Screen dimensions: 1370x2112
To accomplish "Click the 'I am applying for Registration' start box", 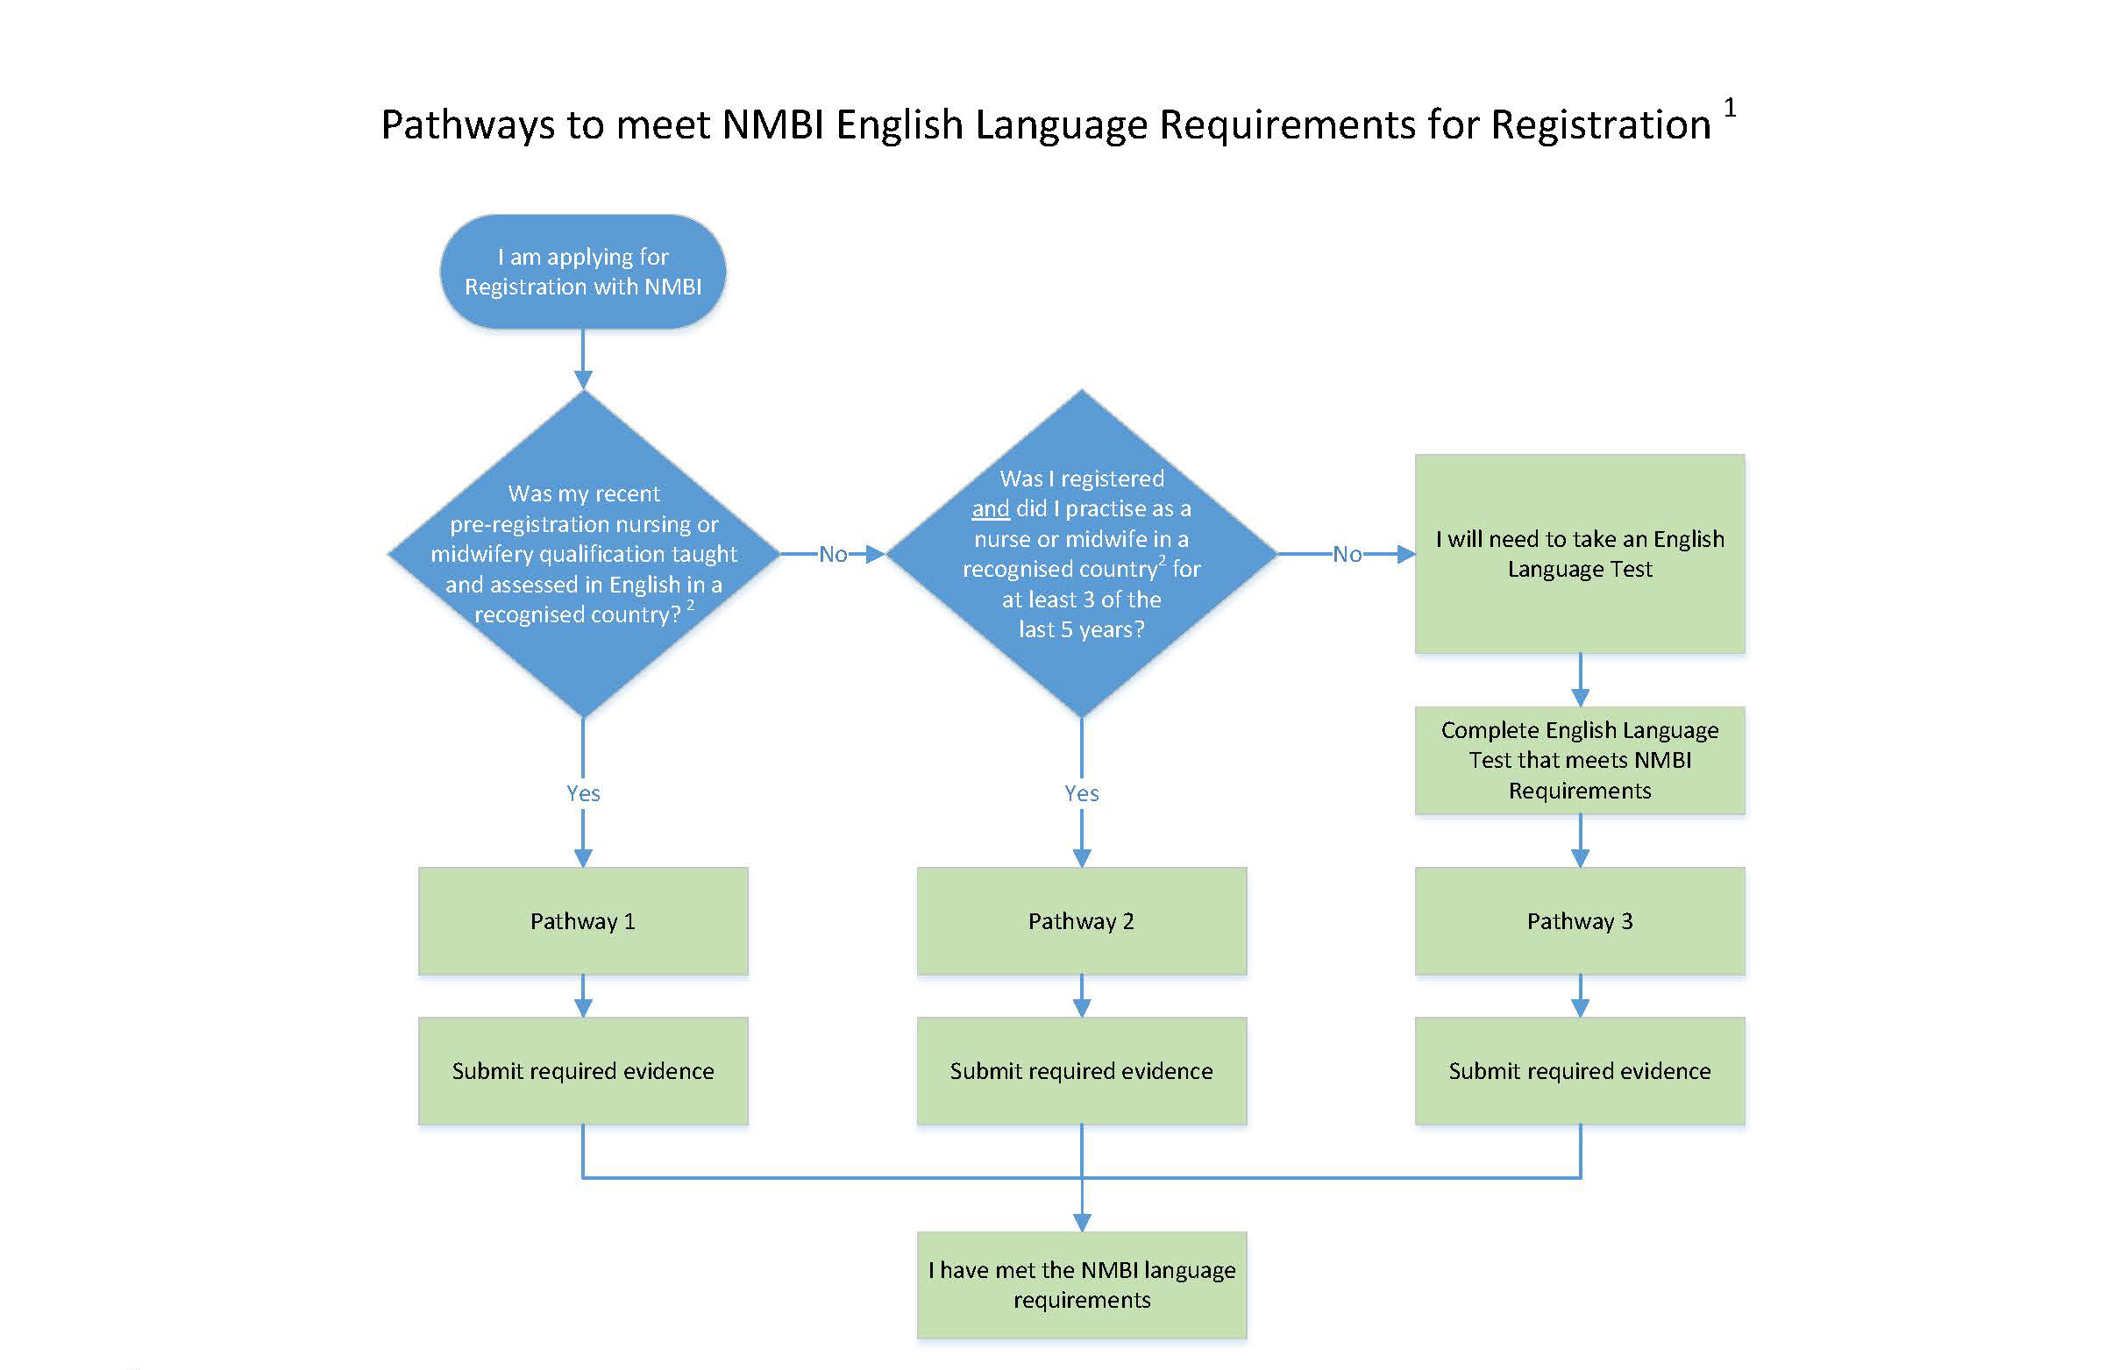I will coord(582,272).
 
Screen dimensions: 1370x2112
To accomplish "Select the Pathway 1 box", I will coord(582,921).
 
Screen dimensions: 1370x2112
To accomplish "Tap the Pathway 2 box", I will coord(1081,921).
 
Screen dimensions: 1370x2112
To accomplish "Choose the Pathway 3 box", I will coord(1580,921).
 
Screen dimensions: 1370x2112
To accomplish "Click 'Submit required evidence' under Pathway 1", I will coord(582,1071).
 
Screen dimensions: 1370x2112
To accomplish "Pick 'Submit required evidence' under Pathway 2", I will coord(1081,1071).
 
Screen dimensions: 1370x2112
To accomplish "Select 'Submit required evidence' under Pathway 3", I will coord(1580,1071).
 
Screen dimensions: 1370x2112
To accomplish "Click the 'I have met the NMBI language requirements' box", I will coord(1081,1285).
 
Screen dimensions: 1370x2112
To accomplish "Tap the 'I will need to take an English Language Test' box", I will coord(1580,554).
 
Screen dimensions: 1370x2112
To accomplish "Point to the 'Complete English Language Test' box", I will coord(1580,761).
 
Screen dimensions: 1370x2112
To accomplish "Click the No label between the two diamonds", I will coord(832,555).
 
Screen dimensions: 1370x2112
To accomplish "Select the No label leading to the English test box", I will coord(1347,555).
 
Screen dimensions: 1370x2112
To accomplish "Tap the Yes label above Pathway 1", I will coord(583,793).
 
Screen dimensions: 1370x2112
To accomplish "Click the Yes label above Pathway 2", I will coord(1082,793).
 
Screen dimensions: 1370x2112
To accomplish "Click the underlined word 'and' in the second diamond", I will coord(991,508).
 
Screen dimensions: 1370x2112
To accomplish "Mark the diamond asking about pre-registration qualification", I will coord(583,554).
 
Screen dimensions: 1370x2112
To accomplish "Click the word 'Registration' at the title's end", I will coord(1600,125).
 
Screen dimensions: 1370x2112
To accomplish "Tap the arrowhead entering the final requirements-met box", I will coord(1082,1222).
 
